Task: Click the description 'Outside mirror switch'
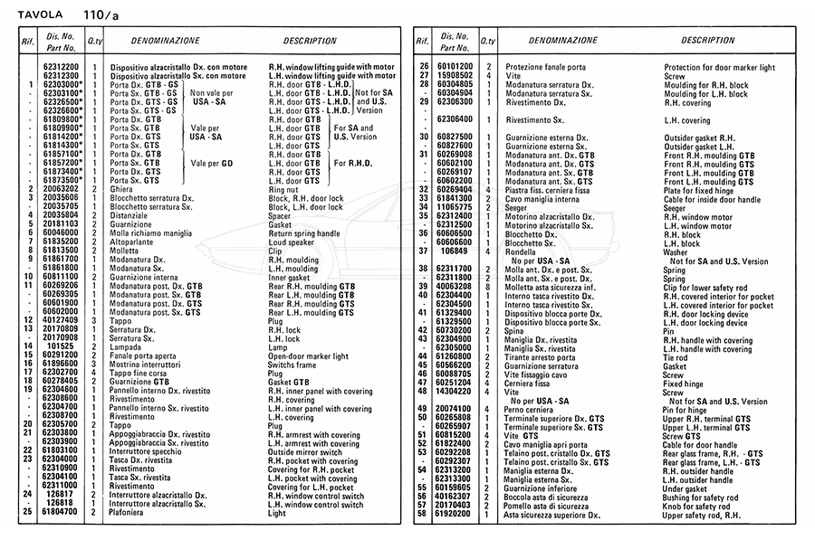(x=305, y=450)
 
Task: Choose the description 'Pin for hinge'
(x=690, y=409)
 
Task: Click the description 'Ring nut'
(x=288, y=188)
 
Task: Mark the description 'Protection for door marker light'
(x=719, y=67)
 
